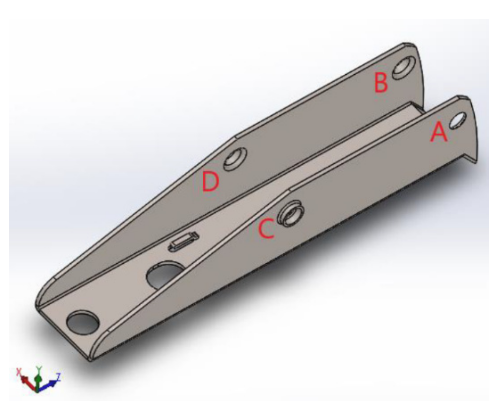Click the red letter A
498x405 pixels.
[x=439, y=132]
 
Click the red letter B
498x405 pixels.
[x=381, y=83]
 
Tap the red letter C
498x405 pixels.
[x=266, y=229]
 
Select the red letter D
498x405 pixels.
[x=211, y=181]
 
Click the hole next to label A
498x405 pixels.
[x=458, y=121]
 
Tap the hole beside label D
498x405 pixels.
[x=235, y=159]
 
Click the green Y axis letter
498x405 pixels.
[x=39, y=369]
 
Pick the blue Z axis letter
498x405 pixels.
[x=58, y=376]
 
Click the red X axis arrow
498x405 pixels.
[x=26, y=381]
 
